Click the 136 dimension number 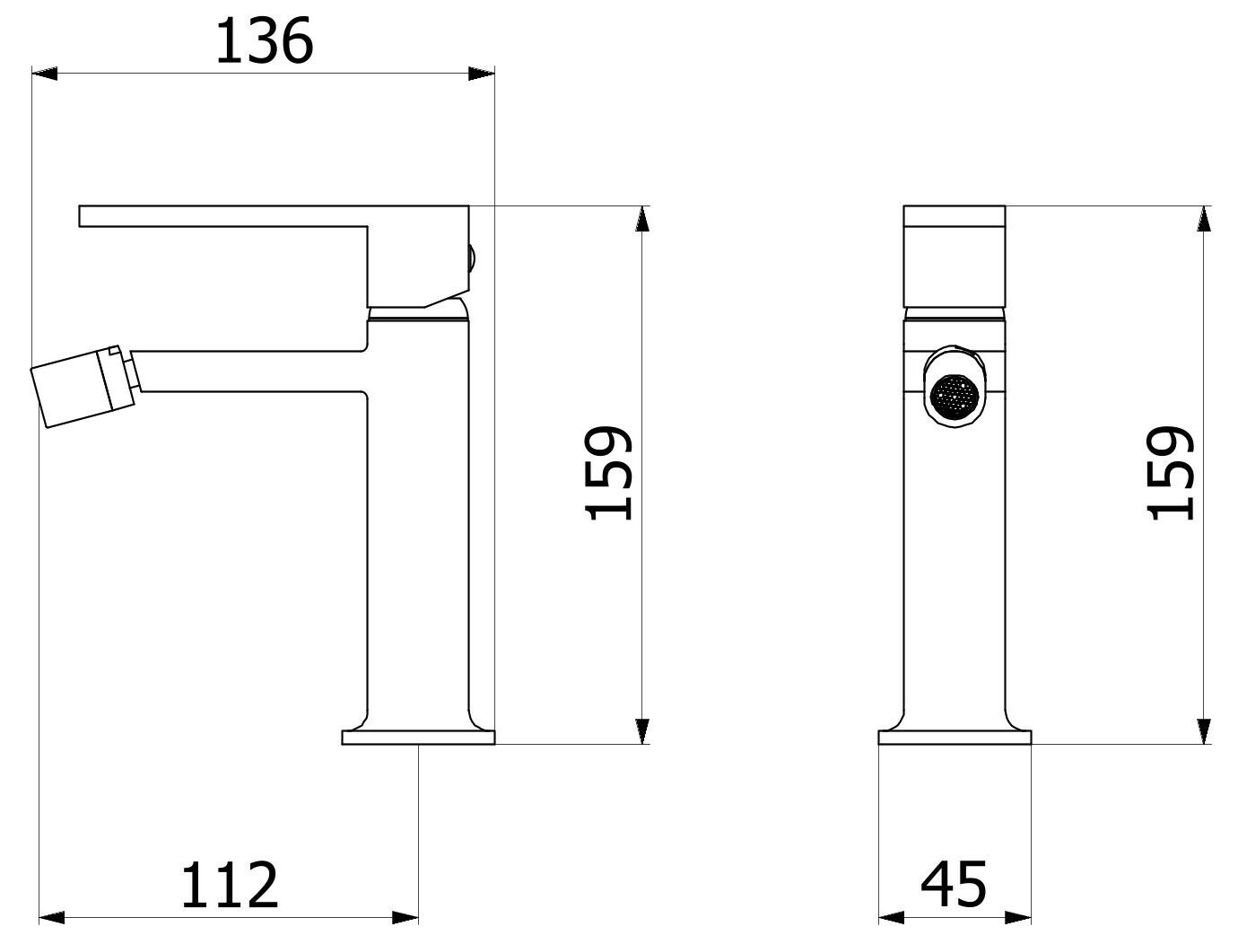264,42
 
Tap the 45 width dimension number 954,884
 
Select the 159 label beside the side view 610,474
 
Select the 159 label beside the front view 1171,474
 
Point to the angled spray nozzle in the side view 81,388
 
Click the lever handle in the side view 224,216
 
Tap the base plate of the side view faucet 418,738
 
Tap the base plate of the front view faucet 955,738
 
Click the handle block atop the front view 955,256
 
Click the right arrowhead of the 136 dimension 482,74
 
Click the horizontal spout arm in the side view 251,369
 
